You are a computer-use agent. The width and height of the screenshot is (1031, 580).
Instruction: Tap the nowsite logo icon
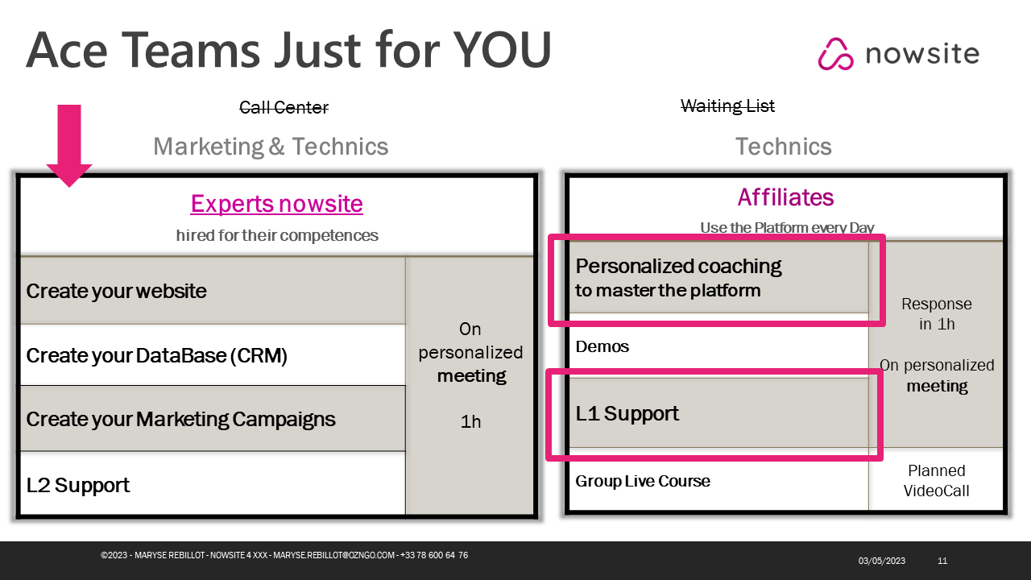coord(835,54)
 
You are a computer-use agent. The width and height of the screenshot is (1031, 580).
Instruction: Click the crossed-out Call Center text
coord(284,108)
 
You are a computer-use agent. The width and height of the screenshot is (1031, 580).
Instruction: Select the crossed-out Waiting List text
coord(727,106)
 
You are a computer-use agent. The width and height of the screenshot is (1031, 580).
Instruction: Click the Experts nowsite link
coord(276,204)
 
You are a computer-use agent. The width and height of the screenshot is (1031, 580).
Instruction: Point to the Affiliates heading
coord(785,197)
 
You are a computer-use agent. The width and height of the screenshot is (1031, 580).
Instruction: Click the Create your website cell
coord(213,291)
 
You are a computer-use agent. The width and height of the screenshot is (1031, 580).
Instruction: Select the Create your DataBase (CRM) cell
coord(213,355)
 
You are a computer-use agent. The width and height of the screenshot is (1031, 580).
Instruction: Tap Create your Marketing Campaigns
coord(213,419)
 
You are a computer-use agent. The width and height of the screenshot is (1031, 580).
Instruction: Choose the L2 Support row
coord(213,484)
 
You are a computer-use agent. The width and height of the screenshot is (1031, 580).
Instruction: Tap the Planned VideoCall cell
coord(936,481)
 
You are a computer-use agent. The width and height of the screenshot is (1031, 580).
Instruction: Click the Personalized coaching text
coord(678,266)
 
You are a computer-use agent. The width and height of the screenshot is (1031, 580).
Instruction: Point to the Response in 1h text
coord(937,314)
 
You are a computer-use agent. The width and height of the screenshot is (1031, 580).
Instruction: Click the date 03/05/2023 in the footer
coord(881,561)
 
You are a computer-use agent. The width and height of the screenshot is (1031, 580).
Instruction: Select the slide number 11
coord(942,561)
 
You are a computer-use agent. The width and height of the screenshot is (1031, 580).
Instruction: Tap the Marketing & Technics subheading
coord(271,147)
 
